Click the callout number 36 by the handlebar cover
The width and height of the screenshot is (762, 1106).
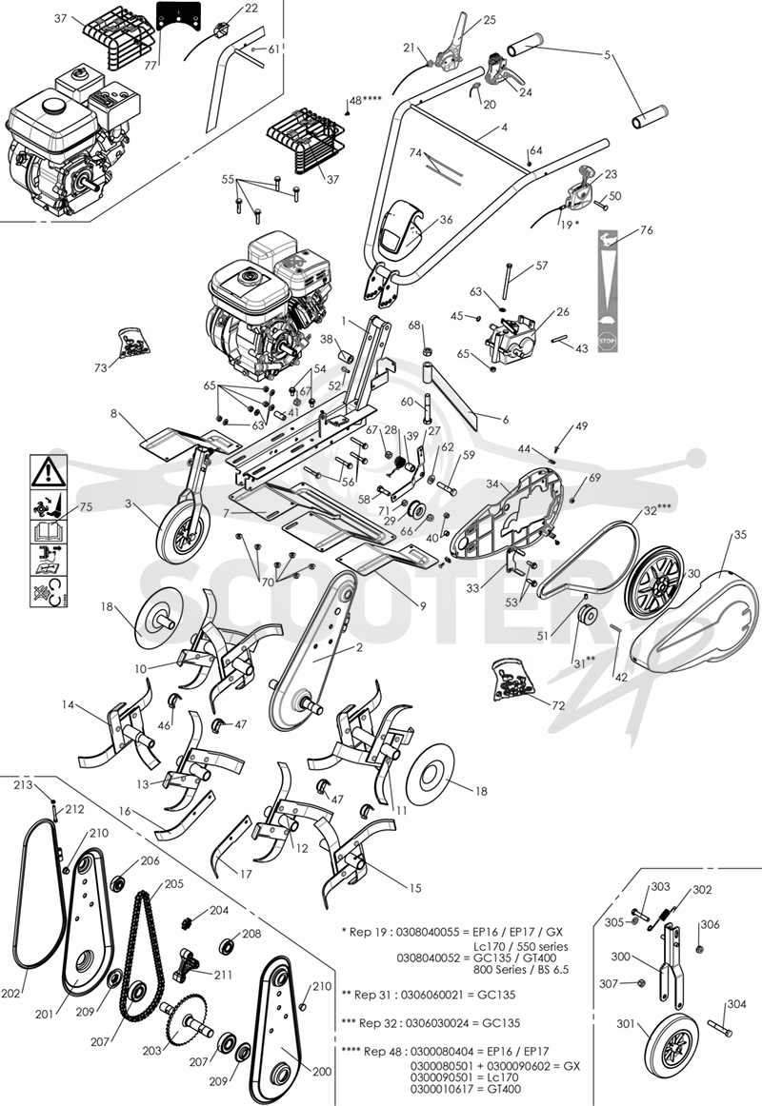coord(446,220)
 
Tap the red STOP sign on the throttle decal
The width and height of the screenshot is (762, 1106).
coord(607,341)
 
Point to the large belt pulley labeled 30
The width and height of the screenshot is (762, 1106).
coord(655,583)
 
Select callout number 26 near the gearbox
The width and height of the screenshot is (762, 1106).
coord(563,312)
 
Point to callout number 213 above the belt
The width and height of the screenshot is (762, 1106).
coord(23,785)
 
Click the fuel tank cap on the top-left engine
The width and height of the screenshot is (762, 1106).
coord(50,106)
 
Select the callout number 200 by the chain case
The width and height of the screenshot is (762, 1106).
coord(322,1072)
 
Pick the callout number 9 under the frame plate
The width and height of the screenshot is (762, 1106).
coord(423,606)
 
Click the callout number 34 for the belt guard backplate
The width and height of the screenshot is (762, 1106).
coord(491,484)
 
